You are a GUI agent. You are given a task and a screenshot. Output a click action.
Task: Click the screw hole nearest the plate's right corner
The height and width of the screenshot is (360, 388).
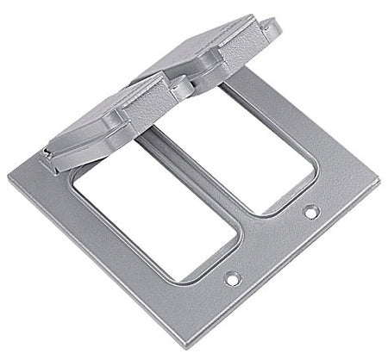(x=309, y=209)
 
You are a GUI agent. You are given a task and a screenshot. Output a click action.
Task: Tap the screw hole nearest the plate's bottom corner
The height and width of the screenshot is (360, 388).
(x=230, y=278)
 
